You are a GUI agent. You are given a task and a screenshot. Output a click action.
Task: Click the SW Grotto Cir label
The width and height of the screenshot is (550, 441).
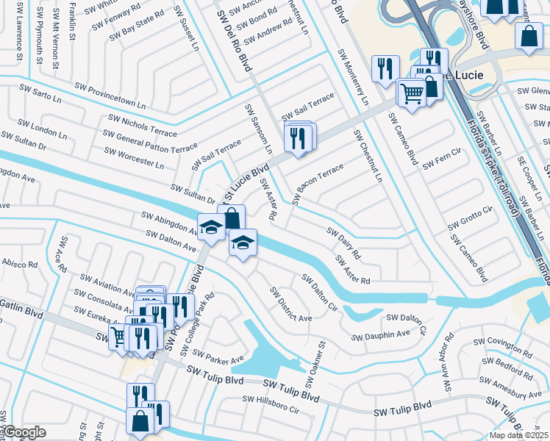pos(471,217)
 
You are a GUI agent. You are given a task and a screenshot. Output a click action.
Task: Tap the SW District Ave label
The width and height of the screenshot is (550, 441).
pos(290,304)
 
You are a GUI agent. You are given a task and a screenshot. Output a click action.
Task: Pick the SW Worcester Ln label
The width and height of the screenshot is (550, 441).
pos(134,157)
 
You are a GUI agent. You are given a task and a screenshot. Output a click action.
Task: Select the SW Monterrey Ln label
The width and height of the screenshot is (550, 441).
pos(353,77)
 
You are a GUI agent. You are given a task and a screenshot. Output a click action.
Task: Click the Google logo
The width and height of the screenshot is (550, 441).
pos(24,432)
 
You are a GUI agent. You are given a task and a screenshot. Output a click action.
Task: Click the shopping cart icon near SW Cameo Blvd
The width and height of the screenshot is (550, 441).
pos(412,93)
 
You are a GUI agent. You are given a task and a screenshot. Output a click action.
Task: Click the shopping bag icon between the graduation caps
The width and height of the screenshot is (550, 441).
pos(231,218)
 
